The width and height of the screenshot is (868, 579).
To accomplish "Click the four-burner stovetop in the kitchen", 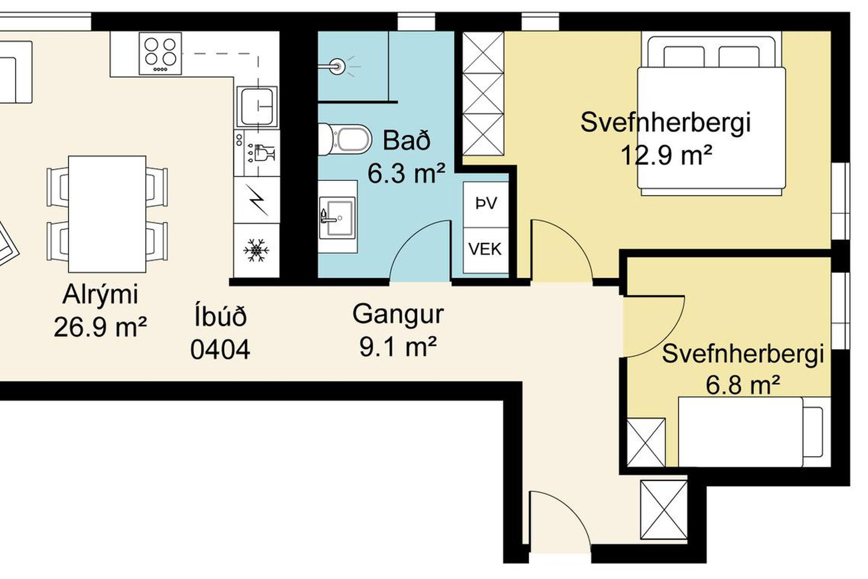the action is point(160,53).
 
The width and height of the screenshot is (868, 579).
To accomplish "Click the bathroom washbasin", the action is point(337,216).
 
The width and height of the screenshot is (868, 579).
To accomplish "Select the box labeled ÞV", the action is point(486,204).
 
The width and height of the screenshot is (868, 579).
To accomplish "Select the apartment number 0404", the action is point(220,350).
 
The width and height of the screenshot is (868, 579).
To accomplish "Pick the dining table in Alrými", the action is point(107,214).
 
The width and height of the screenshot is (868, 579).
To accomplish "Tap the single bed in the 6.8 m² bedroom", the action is point(754,432).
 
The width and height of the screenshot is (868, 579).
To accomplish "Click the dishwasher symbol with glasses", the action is point(257,153).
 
